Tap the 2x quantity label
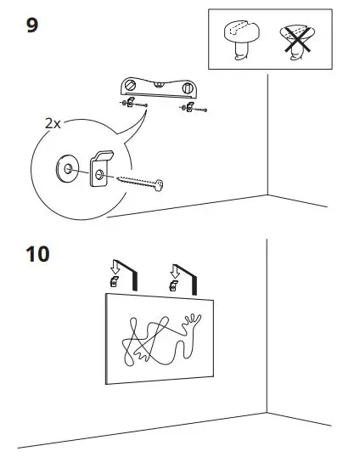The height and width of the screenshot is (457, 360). click(53, 122)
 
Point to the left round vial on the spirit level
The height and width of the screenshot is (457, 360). click(131, 86)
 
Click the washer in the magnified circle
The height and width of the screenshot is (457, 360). click(65, 166)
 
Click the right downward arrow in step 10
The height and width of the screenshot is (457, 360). click(174, 271)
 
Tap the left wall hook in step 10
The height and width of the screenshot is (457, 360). click(115, 283)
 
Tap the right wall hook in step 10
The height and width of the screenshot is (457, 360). click(173, 285)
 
